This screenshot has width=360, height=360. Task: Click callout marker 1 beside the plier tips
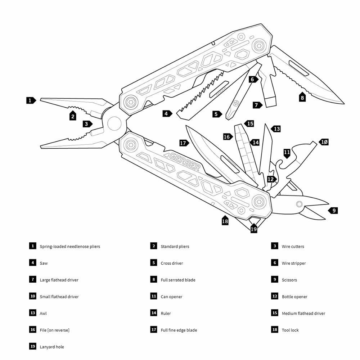point(31,100)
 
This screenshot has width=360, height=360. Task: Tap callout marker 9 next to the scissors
point(334,211)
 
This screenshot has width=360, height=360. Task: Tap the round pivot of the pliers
point(114,123)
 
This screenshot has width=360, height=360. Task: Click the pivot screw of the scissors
point(299,204)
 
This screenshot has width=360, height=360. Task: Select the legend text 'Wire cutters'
point(293,247)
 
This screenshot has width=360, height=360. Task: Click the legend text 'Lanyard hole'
point(52,347)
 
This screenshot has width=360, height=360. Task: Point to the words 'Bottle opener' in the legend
point(294,297)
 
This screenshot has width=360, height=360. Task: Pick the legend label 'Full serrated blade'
point(178,280)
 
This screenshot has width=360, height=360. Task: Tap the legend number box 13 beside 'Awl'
point(33,313)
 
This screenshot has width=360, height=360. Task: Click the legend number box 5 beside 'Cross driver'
point(154,263)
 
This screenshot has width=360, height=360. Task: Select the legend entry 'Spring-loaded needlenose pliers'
point(70,247)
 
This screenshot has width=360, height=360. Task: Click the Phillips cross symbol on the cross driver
point(236,104)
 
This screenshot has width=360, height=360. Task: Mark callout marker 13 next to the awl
point(276,129)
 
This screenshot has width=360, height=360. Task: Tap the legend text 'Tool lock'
point(290,330)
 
